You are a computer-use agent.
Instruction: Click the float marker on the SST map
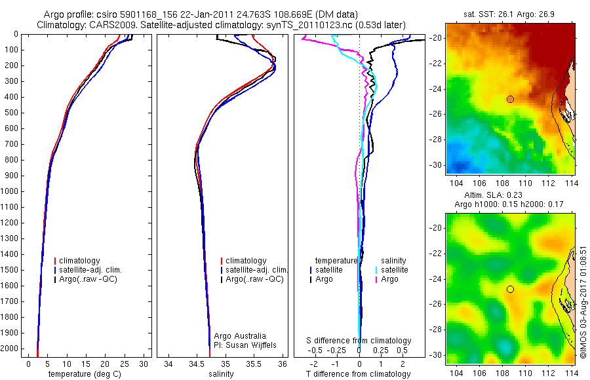coord(510,99)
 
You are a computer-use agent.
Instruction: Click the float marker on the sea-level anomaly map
coord(510,289)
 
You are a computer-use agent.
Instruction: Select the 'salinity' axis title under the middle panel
coord(220,374)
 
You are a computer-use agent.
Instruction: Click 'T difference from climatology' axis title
coord(359,374)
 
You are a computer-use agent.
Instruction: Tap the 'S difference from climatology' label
coord(359,341)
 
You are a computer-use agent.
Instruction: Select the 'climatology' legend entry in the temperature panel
coord(81,261)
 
